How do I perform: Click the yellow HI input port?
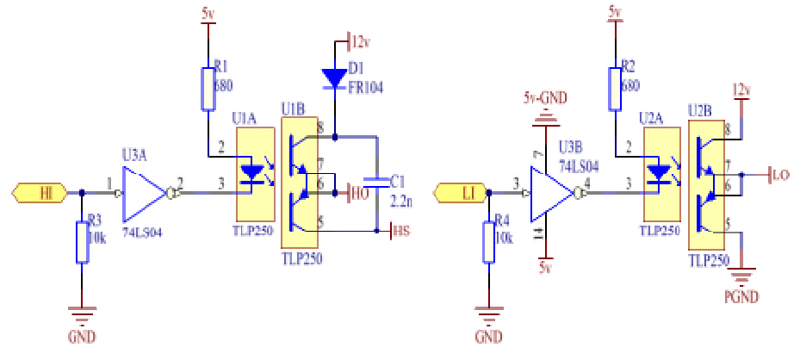point(44,193)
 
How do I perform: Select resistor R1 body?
point(208,88)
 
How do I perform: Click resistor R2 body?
point(614,88)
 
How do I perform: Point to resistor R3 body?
point(82,241)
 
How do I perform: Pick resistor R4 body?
point(488,241)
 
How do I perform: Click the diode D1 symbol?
point(334,78)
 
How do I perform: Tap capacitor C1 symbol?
point(377,183)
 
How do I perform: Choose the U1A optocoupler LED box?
point(252,172)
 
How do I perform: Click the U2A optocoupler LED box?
point(659,172)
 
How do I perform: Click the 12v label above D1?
point(363,40)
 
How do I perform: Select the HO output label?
point(358,193)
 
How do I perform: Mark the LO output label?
point(780,175)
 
